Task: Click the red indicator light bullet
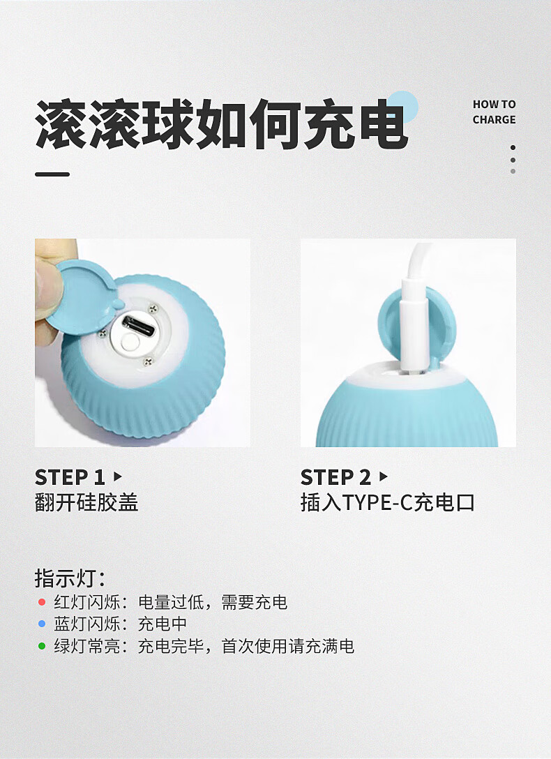[x=42, y=602]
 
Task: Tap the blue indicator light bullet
[x=42, y=624]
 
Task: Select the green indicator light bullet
[x=42, y=646]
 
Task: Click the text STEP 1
[x=70, y=477]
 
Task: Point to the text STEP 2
[x=335, y=477]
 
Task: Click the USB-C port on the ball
[x=138, y=325]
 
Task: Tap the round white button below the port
[x=130, y=343]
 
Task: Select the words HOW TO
[x=494, y=104]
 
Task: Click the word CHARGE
[x=494, y=119]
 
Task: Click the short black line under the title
[x=52, y=174]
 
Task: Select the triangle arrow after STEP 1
[x=117, y=476]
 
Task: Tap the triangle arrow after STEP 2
[x=383, y=476]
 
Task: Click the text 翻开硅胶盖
[x=86, y=502]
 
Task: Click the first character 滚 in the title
[x=61, y=124]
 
